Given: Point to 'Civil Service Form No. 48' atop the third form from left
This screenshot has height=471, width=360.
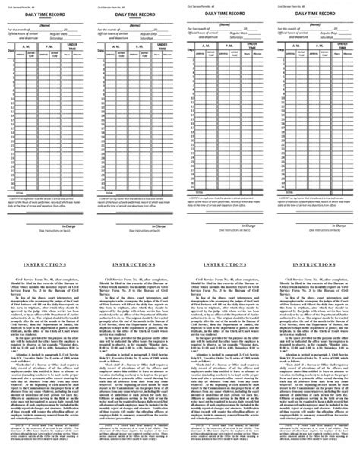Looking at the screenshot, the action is click(198, 5).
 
